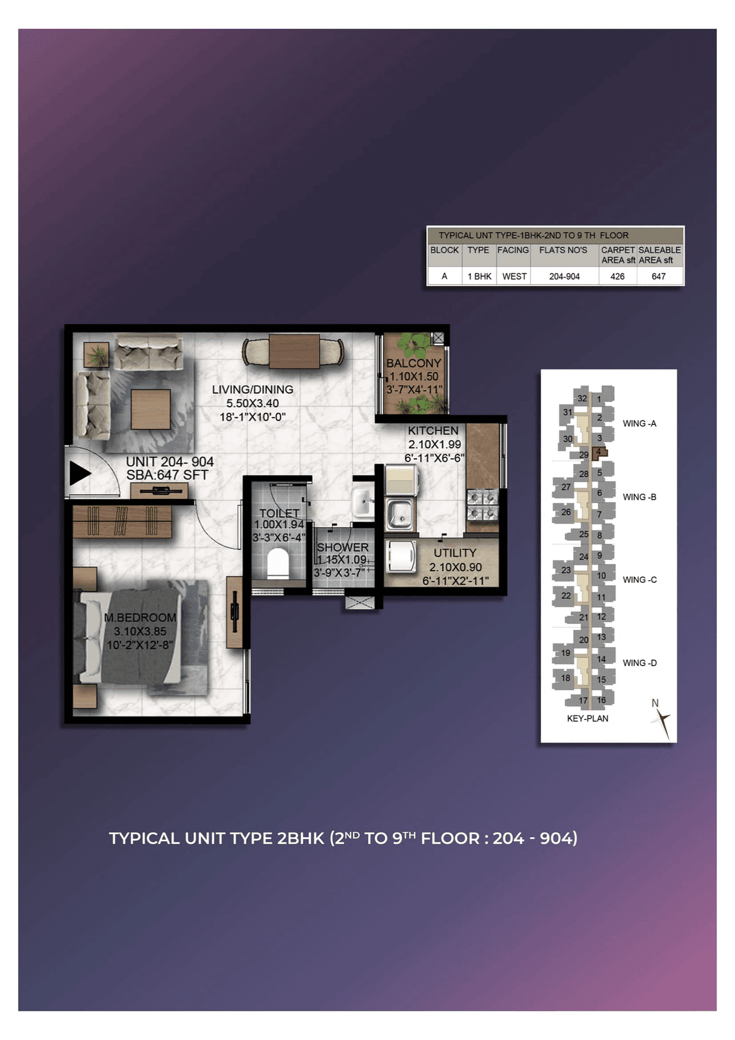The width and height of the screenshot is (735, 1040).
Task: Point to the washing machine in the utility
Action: click(401, 556)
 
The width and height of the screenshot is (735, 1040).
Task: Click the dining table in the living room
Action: click(294, 351)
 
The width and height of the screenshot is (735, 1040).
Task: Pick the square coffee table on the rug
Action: click(150, 409)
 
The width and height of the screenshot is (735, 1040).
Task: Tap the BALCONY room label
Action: click(413, 364)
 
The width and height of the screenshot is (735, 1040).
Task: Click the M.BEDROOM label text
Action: click(140, 618)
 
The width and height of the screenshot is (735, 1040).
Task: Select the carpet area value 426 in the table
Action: click(617, 276)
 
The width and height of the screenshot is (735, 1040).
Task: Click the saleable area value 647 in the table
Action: click(659, 276)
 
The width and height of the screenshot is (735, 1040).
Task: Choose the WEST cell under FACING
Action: click(514, 276)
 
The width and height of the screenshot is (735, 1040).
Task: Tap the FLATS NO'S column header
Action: click(563, 250)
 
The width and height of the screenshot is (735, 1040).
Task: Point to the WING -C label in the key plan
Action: click(639, 580)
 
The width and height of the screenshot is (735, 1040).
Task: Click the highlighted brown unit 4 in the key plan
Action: click(599, 452)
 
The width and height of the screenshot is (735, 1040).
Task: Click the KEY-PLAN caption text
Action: click(587, 718)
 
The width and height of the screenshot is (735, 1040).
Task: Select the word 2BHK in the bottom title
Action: click(300, 838)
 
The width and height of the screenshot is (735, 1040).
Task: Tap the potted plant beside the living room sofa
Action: click(96, 354)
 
